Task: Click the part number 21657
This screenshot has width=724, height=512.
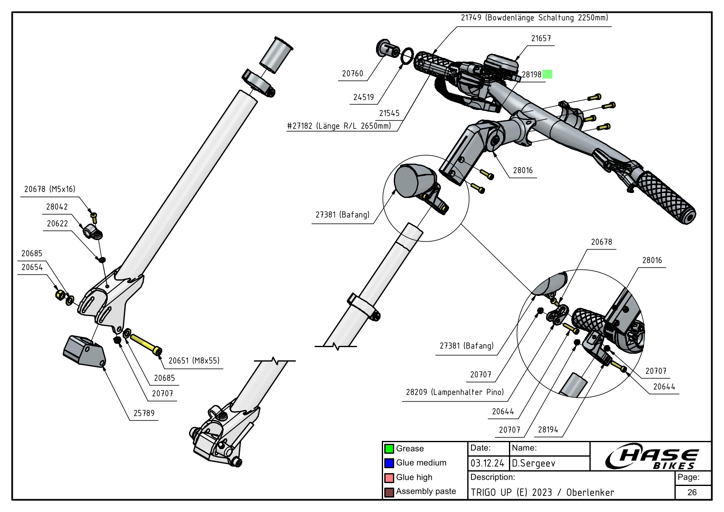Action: pos(541,38)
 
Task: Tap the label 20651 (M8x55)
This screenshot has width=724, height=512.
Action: pos(194,361)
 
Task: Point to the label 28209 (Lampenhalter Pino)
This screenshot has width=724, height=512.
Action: pos(454,392)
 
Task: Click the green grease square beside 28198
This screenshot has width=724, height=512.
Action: pos(547,74)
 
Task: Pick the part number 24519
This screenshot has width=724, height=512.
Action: pos(363,97)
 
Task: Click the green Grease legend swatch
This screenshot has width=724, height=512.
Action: pos(389,449)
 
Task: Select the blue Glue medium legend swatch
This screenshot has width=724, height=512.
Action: pos(389,463)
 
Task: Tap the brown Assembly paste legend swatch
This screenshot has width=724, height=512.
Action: pos(389,492)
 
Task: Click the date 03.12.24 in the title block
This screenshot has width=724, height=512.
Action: pos(487,464)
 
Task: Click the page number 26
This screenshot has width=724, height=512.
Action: pos(692,492)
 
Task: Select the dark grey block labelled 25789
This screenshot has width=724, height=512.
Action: pos(84,351)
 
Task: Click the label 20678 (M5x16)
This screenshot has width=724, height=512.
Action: pos(50,189)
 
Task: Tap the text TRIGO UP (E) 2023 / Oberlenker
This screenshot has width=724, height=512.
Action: pos(542,493)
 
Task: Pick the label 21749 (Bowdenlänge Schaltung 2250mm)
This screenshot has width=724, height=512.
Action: pos(534,18)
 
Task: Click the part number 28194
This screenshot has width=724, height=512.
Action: pos(548,430)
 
